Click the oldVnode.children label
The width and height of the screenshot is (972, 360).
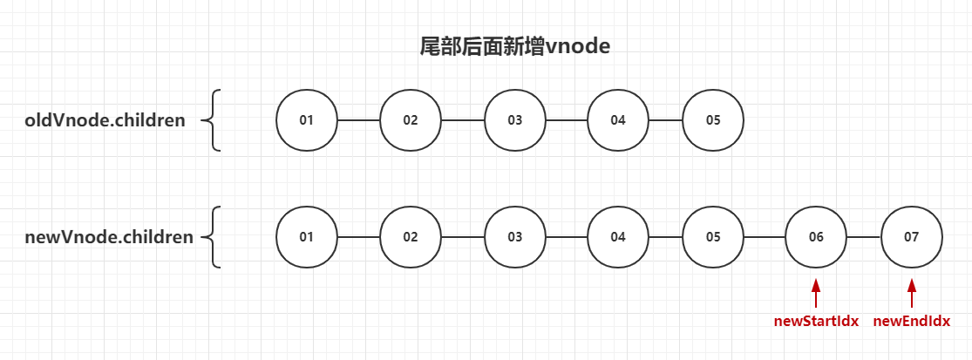105,120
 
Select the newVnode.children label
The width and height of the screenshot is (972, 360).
109,237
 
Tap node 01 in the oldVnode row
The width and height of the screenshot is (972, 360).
307,119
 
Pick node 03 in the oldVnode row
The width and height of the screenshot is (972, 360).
515,119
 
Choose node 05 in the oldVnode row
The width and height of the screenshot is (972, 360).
713,119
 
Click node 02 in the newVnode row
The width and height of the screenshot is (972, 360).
411,237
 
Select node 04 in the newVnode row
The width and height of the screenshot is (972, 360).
618,237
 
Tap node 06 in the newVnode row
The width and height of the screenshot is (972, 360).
816,237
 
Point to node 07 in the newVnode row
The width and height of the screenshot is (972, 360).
912,237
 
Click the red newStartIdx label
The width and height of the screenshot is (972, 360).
816,321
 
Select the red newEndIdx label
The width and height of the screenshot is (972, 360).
912,321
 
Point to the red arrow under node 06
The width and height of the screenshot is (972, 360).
816,292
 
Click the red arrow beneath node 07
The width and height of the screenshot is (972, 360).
912,292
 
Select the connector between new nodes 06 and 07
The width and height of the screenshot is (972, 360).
864,237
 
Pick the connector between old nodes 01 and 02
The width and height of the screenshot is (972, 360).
358,119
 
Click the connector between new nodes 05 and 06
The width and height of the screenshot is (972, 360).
765,237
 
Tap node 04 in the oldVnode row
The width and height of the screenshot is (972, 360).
618,119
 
